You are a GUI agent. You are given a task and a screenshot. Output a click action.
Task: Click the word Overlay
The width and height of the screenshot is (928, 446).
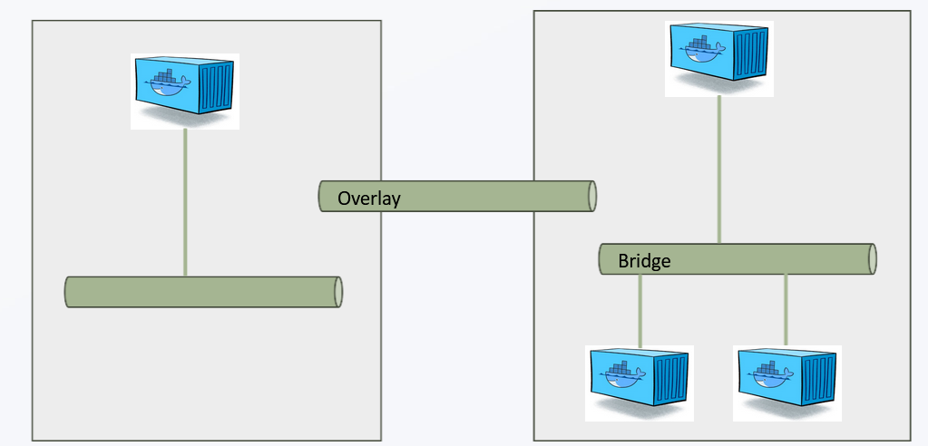click(368, 199)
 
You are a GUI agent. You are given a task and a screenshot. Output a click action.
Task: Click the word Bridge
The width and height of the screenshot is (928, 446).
click(644, 260)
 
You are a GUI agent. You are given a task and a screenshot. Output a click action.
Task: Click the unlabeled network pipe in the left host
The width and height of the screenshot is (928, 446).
click(203, 292)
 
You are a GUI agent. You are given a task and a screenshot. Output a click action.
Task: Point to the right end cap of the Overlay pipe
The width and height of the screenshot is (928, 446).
click(591, 197)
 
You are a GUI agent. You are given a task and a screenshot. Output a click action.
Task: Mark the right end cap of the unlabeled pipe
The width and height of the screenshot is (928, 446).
click(338, 292)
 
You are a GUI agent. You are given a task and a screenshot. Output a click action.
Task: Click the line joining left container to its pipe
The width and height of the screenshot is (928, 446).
click(185, 202)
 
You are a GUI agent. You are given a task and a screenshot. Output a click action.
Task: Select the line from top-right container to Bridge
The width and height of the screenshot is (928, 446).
click(719, 170)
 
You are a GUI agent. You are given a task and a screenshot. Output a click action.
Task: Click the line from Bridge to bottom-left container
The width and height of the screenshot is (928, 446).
click(640, 310)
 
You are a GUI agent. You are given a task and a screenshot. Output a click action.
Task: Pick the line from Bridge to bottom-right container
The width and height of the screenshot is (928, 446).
click(786, 309)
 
